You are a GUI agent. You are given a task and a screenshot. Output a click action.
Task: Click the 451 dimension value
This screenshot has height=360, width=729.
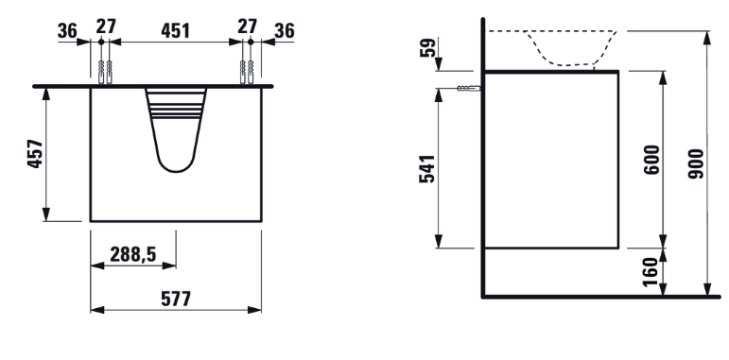point(175,30)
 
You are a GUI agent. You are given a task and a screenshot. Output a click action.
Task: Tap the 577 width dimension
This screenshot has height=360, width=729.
point(176,299)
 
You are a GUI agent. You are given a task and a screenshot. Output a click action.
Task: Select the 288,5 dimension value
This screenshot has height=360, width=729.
point(133,254)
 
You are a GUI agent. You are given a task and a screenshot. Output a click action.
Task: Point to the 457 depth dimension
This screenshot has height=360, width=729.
point(35,154)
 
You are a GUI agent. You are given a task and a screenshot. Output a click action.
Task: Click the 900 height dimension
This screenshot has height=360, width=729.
point(696,164)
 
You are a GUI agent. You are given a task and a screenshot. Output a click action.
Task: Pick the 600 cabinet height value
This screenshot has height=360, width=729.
point(651,160)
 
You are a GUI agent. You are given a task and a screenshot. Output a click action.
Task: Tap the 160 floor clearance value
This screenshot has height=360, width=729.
point(651,272)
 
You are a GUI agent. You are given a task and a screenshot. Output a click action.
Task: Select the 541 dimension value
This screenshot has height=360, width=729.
point(426,168)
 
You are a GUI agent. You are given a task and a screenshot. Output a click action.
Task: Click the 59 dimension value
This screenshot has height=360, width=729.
point(427,47)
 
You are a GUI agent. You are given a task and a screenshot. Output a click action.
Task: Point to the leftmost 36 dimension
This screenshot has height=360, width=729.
point(67,31)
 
